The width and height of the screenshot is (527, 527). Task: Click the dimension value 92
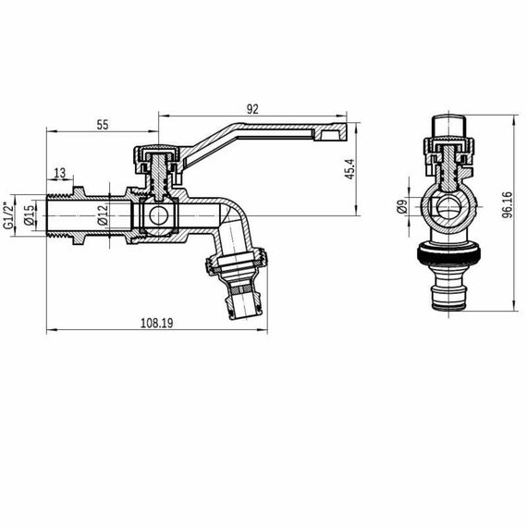[252, 108]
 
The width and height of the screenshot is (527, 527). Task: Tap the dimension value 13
[59, 173]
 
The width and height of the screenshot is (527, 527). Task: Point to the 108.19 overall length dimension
[158, 324]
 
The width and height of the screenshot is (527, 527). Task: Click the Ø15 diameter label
[29, 214]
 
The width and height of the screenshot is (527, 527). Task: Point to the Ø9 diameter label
[402, 209]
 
